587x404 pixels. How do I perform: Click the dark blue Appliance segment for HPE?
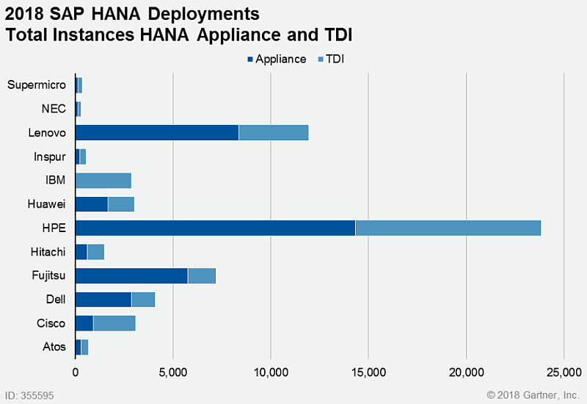point(215,228)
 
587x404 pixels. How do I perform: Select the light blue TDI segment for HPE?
point(448,228)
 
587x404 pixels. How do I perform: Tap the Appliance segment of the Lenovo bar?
point(157,132)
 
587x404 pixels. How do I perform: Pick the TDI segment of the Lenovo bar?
point(274,132)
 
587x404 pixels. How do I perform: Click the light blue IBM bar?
point(103,180)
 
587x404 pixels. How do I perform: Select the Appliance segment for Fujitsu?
point(131,275)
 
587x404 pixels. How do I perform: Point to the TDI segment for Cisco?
point(114,323)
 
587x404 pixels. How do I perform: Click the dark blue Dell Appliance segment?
point(103,300)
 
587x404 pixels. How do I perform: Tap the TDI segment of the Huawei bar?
point(121,204)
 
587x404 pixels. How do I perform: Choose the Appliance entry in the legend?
point(277,59)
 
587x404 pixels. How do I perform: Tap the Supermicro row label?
point(37,84)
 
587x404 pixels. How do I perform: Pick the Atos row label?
point(54,347)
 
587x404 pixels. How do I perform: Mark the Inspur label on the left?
point(50,156)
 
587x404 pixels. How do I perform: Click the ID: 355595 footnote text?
point(29,395)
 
